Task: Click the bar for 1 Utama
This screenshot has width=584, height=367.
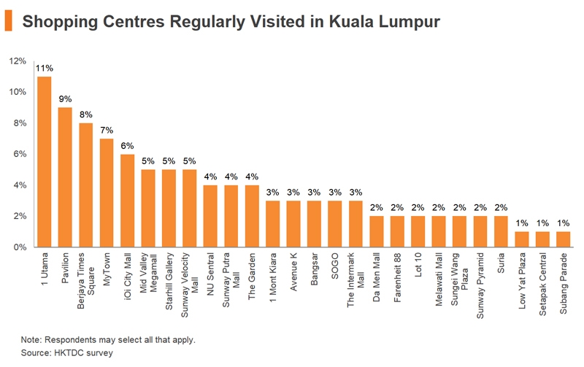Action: [44, 162]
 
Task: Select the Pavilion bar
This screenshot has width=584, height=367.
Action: [65, 177]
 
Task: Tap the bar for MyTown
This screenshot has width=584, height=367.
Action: [107, 193]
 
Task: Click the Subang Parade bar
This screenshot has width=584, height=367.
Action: [564, 239]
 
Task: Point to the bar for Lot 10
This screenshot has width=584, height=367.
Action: [418, 231]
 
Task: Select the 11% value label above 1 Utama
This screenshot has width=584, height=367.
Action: [44, 68]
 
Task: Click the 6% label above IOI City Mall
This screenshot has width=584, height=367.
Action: [127, 145]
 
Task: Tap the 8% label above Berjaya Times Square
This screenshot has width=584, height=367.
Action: [85, 115]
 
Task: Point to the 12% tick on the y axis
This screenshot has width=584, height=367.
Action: [18, 61]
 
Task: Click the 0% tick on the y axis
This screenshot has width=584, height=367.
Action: [20, 247]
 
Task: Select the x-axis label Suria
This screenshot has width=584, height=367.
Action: [502, 263]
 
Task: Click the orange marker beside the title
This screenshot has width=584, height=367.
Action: [8, 21]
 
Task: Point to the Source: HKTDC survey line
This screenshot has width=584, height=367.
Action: [66, 352]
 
